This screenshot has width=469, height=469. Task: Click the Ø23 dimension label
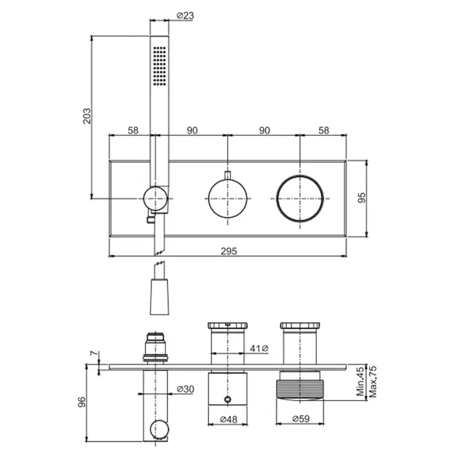coord(185,15)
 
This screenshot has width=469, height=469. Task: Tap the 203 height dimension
coord(86,116)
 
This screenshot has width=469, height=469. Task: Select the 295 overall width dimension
coord(229,251)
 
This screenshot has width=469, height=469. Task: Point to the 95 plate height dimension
coord(362,198)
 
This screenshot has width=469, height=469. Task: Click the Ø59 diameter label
coord(301,419)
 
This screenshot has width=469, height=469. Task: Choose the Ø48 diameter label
coord(228,419)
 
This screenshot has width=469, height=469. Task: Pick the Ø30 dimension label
coord(186,389)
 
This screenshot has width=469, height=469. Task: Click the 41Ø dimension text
coord(259,348)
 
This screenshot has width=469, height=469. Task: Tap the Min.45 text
coord(361,382)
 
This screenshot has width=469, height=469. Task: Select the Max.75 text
coord(373,382)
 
